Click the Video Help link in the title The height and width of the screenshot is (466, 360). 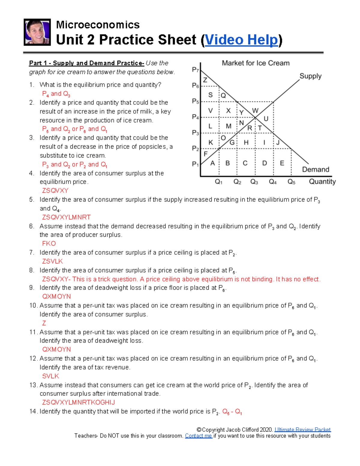[x=241, y=40]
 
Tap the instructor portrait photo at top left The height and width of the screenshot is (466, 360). [x=37, y=32]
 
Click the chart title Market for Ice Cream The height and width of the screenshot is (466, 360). [x=256, y=63]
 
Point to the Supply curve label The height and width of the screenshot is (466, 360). [x=310, y=76]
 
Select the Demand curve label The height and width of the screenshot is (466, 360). [x=316, y=170]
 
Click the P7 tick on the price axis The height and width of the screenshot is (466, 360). [x=195, y=70]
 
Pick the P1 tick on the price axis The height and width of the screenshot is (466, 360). [x=195, y=164]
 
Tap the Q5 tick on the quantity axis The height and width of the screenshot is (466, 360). [x=291, y=182]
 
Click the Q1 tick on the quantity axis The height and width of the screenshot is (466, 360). [x=219, y=182]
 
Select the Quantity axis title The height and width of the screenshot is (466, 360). [x=322, y=182]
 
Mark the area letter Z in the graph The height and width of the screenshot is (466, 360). [x=205, y=80]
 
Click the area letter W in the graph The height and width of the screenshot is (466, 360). [x=255, y=111]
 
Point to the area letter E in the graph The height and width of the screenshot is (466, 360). [x=282, y=163]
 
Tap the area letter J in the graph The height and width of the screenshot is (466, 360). [x=278, y=143]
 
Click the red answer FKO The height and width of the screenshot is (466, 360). [x=49, y=244]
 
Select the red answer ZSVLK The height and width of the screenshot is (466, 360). [x=52, y=261]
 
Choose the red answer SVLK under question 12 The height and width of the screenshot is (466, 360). [x=51, y=376]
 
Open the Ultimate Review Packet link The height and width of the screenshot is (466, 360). [x=302, y=430]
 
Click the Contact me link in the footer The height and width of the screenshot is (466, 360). [x=198, y=436]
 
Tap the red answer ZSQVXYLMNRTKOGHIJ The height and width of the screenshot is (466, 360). [x=79, y=402]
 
